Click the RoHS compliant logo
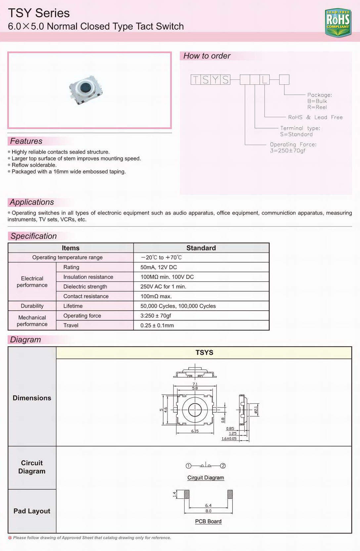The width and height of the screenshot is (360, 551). tap(338, 23)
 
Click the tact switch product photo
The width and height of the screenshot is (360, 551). tap(86, 89)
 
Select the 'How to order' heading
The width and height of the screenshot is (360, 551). tap(207, 56)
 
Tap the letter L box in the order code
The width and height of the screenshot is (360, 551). tap(264, 80)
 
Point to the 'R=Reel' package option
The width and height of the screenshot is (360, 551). tap(317, 107)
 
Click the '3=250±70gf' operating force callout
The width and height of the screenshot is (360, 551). tap(288, 151)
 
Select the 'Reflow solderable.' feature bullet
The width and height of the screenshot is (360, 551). tap(34, 165)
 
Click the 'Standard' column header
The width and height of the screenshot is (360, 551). tap(201, 248)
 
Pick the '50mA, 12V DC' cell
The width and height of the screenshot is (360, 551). tap(158, 267)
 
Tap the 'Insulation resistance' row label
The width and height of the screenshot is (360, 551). tap(88, 277)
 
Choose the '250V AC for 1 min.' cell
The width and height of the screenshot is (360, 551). tap(163, 286)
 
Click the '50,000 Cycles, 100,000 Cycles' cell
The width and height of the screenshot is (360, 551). tap(178, 306)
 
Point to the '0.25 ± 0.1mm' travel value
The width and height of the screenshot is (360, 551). tap(157, 326)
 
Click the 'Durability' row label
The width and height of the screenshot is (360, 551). tap(32, 306)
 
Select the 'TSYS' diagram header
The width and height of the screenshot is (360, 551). tap(204, 353)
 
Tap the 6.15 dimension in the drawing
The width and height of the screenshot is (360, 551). tap(195, 431)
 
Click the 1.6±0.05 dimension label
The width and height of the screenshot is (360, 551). tap(229, 439)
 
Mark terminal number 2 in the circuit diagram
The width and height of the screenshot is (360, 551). tap(223, 466)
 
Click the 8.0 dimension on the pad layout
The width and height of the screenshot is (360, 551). tap(208, 511)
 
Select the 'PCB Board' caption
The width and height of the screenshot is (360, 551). tap(208, 522)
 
